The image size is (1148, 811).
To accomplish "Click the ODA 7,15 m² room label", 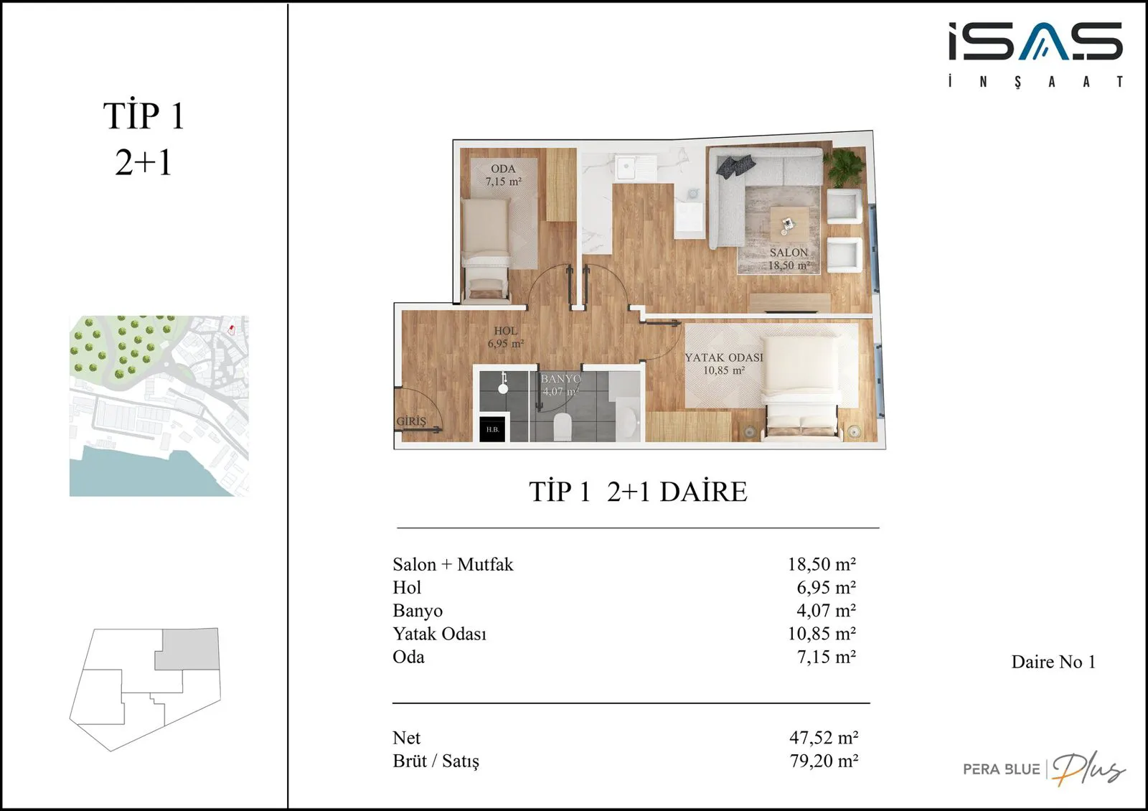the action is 503,175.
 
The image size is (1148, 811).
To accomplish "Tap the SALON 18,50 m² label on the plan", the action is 789,259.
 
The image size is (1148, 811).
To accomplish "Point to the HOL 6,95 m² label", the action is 505,337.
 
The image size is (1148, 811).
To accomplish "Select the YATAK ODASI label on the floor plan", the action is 724,357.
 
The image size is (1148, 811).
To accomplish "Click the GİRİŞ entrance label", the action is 411,421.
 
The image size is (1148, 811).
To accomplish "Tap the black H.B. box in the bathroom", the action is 492,429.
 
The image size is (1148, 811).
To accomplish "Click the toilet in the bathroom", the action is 563,426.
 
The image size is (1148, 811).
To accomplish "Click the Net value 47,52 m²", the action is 824,737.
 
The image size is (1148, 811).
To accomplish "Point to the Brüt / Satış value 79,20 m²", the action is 824,760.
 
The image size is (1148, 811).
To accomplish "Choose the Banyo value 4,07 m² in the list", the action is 826,610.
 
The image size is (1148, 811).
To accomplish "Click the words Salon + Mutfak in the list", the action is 453,564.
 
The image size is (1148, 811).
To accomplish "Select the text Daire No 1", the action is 1053,662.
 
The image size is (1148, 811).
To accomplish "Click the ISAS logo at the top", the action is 1035,55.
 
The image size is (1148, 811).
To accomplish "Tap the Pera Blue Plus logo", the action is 1044,768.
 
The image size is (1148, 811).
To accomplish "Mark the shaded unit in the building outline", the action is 188,649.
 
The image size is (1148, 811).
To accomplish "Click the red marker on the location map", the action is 231,329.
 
